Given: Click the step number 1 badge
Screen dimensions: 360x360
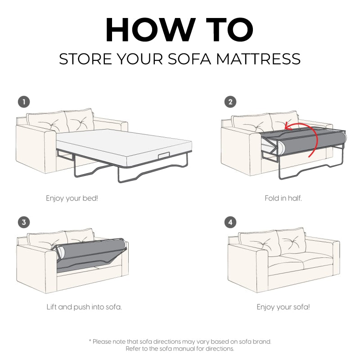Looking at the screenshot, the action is [x=24, y=102].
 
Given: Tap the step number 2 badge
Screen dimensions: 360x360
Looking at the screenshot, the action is [x=230, y=102].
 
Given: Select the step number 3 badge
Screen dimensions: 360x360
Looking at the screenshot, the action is [x=24, y=222].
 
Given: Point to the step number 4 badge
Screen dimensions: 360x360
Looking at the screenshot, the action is [x=230, y=222].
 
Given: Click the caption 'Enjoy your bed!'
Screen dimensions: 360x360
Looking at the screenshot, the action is [x=72, y=198].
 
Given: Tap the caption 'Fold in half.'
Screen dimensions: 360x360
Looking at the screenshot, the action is [x=283, y=198].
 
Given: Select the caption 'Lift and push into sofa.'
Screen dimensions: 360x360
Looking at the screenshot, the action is [x=84, y=307].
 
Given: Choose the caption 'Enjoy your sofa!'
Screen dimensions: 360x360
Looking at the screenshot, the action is [x=283, y=307].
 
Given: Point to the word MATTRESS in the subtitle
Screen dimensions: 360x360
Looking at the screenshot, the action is [x=258, y=59].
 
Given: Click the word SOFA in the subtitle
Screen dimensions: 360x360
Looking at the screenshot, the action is [x=189, y=59].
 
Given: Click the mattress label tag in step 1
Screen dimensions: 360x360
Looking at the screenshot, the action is [x=164, y=155].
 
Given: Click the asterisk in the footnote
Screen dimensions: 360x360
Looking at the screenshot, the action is [x=90, y=341].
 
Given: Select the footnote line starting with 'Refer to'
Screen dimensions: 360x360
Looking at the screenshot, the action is [x=180, y=349].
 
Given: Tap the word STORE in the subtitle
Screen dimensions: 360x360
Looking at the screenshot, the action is [x=85, y=59].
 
